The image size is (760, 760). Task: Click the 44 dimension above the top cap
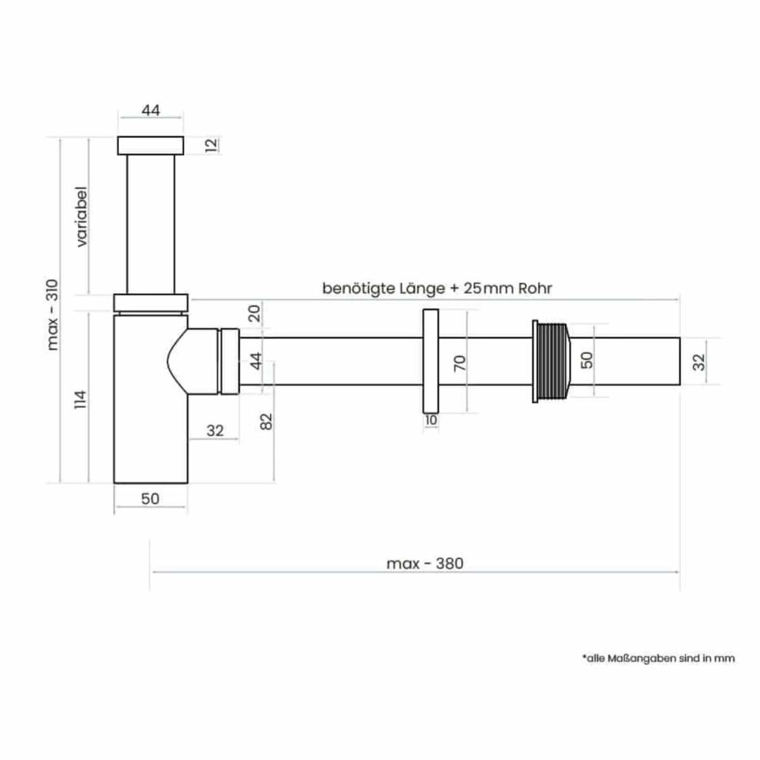click(151, 110)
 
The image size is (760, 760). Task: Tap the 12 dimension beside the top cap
click(212, 144)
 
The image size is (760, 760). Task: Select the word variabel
click(82, 217)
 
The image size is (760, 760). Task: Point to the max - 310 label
click(53, 315)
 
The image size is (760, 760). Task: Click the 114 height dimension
click(80, 400)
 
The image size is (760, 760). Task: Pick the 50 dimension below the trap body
click(150, 498)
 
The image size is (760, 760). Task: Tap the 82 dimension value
click(267, 421)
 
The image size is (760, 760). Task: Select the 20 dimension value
click(254, 313)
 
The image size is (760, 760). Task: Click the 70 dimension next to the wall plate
click(460, 363)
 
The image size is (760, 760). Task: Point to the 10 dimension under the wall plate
click(431, 420)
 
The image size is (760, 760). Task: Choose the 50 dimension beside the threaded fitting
click(587, 360)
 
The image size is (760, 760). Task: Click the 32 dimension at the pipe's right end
click(699, 362)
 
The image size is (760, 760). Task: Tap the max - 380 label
click(425, 563)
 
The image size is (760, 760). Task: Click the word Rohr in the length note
click(535, 289)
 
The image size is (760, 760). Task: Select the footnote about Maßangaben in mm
click(659, 658)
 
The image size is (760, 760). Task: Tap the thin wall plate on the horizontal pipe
click(431, 361)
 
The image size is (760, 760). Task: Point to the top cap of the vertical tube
click(151, 145)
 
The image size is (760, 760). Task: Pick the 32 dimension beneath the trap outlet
click(215, 431)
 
